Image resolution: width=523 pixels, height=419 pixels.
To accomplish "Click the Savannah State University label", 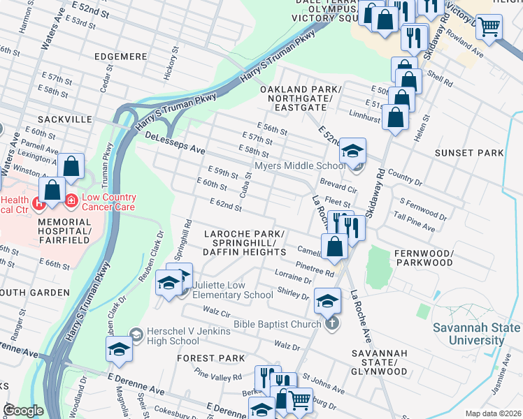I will pyautogui.click(x=475, y=334).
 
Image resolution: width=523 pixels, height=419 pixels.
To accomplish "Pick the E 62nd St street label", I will pyautogui.click(x=225, y=204).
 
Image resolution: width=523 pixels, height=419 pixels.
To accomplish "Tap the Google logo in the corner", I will pyautogui.click(x=23, y=411).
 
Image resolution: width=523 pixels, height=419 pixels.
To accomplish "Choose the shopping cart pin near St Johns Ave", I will pyautogui.click(x=300, y=401).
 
